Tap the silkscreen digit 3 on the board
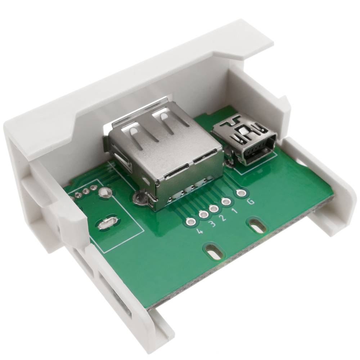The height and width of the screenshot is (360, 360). pos(212,225)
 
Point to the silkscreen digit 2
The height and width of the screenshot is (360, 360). pos(224,218)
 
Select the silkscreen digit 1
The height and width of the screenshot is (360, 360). pos(235,211)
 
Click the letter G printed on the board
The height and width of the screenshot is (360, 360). pos(251,202)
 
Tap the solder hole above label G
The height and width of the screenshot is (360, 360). pos(242,193)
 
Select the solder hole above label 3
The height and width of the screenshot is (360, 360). pos(203,215)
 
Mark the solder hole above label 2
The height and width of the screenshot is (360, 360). pos(214,208)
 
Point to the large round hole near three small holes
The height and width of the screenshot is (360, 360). pos(105,193)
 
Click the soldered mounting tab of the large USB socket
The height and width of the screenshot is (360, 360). pos(139,198)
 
